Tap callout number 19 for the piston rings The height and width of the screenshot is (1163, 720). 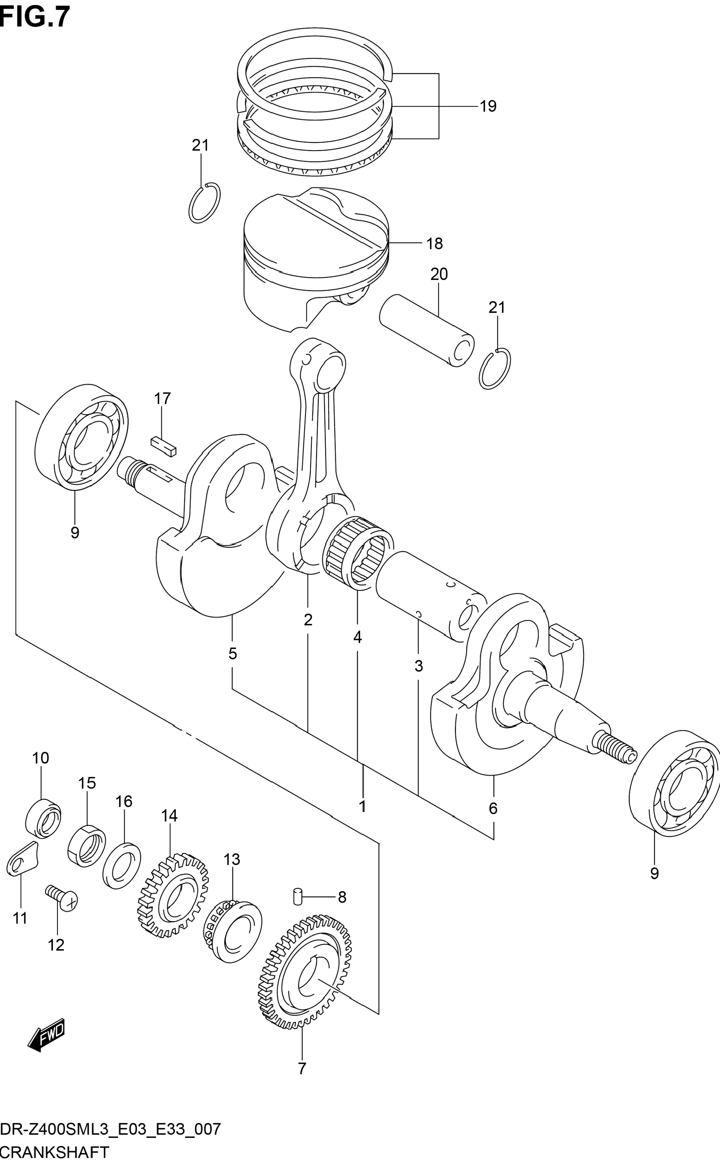(x=488, y=106)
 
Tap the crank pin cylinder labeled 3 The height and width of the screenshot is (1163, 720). (x=431, y=595)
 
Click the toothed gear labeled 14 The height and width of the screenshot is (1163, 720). (x=173, y=895)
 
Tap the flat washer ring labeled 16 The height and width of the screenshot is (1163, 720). (x=121, y=866)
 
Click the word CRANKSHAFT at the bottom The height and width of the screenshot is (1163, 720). (x=55, y=1149)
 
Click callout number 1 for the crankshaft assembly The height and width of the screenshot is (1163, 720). (x=362, y=806)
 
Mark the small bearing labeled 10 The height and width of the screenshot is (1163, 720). (x=43, y=819)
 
